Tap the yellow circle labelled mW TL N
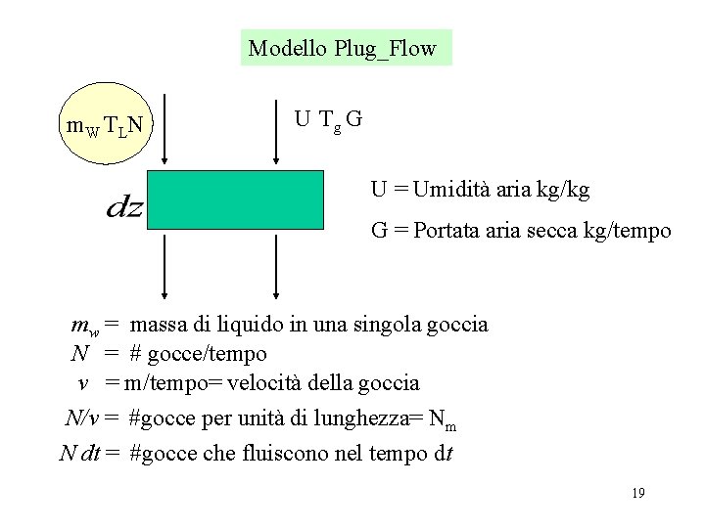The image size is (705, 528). [103, 124]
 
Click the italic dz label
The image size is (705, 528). [123, 207]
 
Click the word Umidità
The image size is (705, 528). [454, 190]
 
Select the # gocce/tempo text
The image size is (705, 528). [198, 353]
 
